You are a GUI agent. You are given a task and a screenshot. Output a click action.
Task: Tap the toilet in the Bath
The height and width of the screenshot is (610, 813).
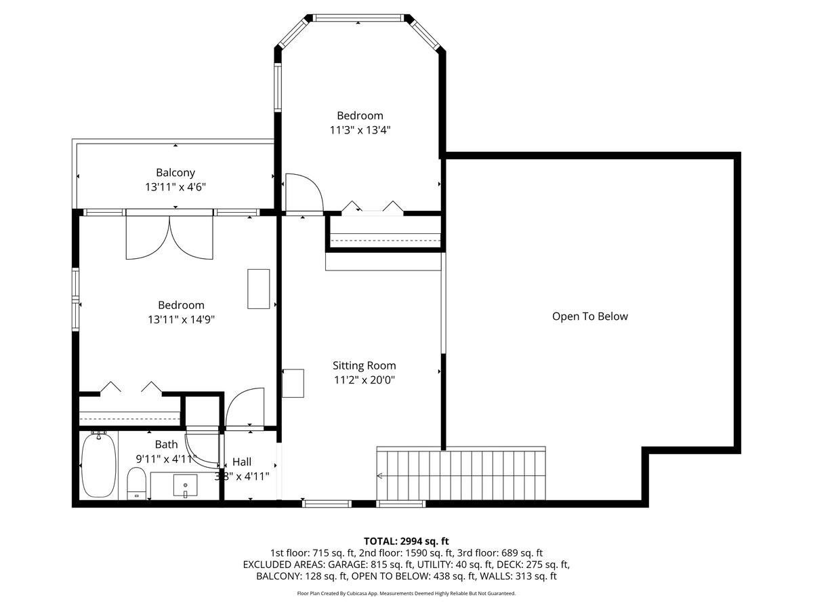[137, 483]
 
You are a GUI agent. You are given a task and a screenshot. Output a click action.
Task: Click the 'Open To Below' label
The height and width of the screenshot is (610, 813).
[589, 317]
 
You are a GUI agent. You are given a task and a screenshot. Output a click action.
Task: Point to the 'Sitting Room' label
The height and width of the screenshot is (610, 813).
[364, 366]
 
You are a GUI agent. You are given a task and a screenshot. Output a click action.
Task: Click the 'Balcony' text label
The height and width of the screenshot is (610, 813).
[175, 173]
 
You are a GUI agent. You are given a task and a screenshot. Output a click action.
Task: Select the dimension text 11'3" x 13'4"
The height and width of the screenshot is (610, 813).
[360, 130]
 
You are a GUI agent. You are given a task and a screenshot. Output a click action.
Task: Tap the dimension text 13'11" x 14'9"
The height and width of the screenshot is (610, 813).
[180, 319]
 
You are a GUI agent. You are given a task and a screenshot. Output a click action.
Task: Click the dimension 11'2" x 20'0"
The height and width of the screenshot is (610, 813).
[364, 380]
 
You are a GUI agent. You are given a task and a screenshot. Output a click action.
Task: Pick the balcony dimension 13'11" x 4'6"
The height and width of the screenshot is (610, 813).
[175, 187]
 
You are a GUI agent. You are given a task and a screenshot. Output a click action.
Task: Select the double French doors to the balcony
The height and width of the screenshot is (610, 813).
[169, 237]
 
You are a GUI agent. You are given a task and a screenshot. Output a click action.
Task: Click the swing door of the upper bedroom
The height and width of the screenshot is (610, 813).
[304, 192]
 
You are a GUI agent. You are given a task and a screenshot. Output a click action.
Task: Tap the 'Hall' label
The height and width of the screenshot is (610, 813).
[242, 462]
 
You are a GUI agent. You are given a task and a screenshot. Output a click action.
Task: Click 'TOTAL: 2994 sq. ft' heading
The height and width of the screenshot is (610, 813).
[406, 541]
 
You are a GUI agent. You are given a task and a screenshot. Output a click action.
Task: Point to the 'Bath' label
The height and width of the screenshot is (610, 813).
[166, 445]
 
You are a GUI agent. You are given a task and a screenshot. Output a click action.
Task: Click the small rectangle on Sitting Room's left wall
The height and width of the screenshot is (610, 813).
[294, 383]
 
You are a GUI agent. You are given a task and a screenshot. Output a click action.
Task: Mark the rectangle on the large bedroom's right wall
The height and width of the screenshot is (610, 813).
[259, 289]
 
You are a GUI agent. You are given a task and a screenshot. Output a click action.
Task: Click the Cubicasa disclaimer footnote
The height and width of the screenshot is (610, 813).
[406, 593]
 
